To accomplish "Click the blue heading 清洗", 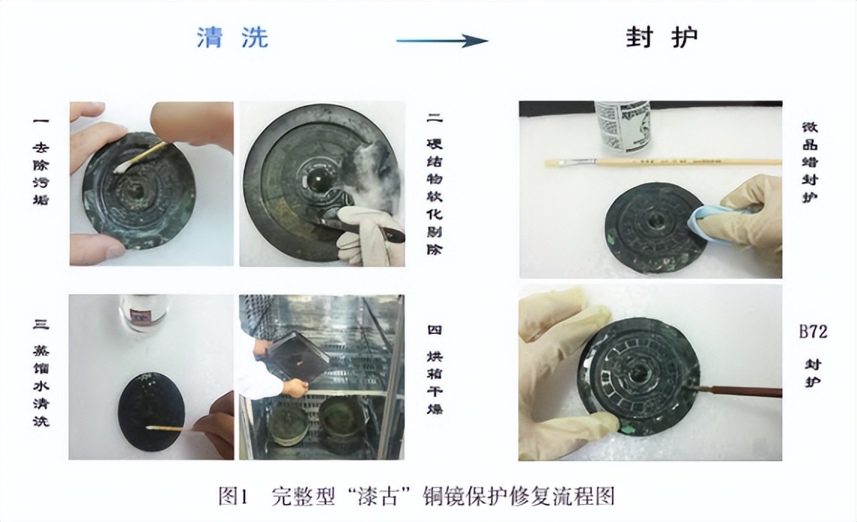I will (x=232, y=38).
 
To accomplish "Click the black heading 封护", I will (x=661, y=38).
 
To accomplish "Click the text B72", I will (x=813, y=331).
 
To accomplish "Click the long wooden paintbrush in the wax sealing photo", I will (x=662, y=162).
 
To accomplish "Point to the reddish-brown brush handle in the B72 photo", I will (x=737, y=391).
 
